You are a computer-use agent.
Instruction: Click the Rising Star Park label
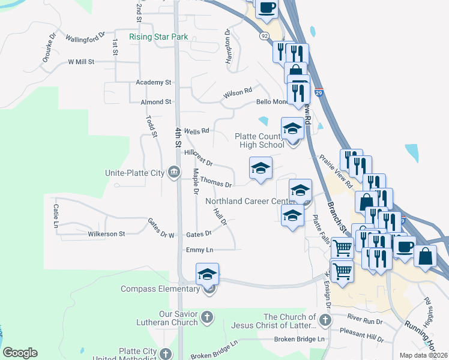coord(158,37)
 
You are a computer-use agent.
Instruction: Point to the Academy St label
coord(154,82)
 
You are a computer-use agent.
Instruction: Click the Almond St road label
coord(156,103)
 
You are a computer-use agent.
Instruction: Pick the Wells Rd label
coord(196,131)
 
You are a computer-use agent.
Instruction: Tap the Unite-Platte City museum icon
coord(174,173)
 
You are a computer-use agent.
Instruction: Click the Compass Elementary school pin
coord(207,274)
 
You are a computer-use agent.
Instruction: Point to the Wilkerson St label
coord(106,234)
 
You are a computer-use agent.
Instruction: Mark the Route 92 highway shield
coord(265,37)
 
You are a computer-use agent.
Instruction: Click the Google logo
coord(20,353)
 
